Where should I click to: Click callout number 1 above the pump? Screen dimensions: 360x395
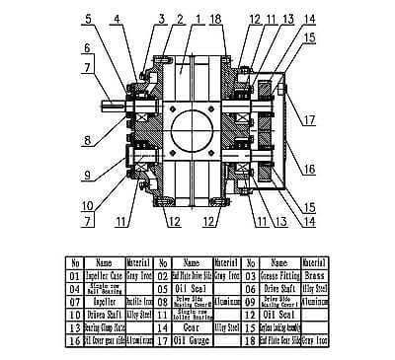[x=197, y=18]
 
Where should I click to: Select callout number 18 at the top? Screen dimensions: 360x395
[x=219, y=18]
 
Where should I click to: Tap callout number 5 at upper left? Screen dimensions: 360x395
[x=88, y=19]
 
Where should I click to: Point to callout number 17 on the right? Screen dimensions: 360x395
[x=311, y=121]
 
